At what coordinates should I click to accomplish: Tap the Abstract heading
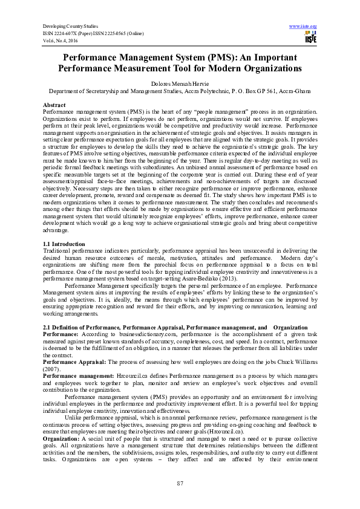point(54,105)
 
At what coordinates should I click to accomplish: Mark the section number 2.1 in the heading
point(47,326)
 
